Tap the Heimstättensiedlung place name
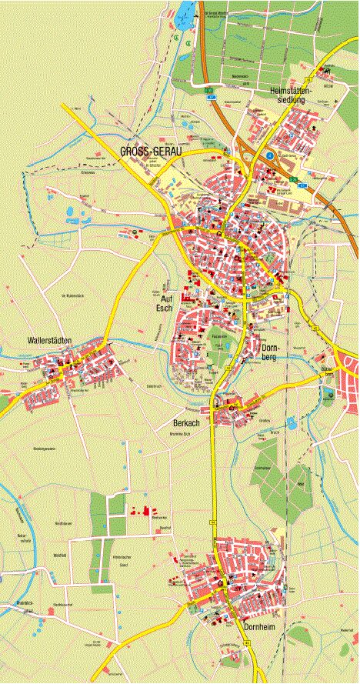(x=289, y=95)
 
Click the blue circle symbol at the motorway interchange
(x=270, y=156)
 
